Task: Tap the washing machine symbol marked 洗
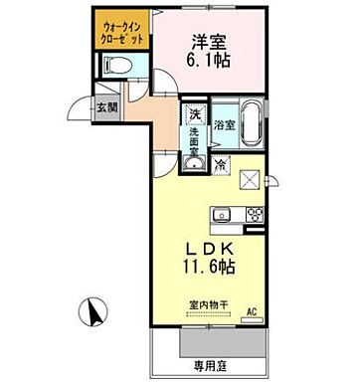click(196, 114)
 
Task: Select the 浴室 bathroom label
click(224, 125)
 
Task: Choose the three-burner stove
click(254, 215)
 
